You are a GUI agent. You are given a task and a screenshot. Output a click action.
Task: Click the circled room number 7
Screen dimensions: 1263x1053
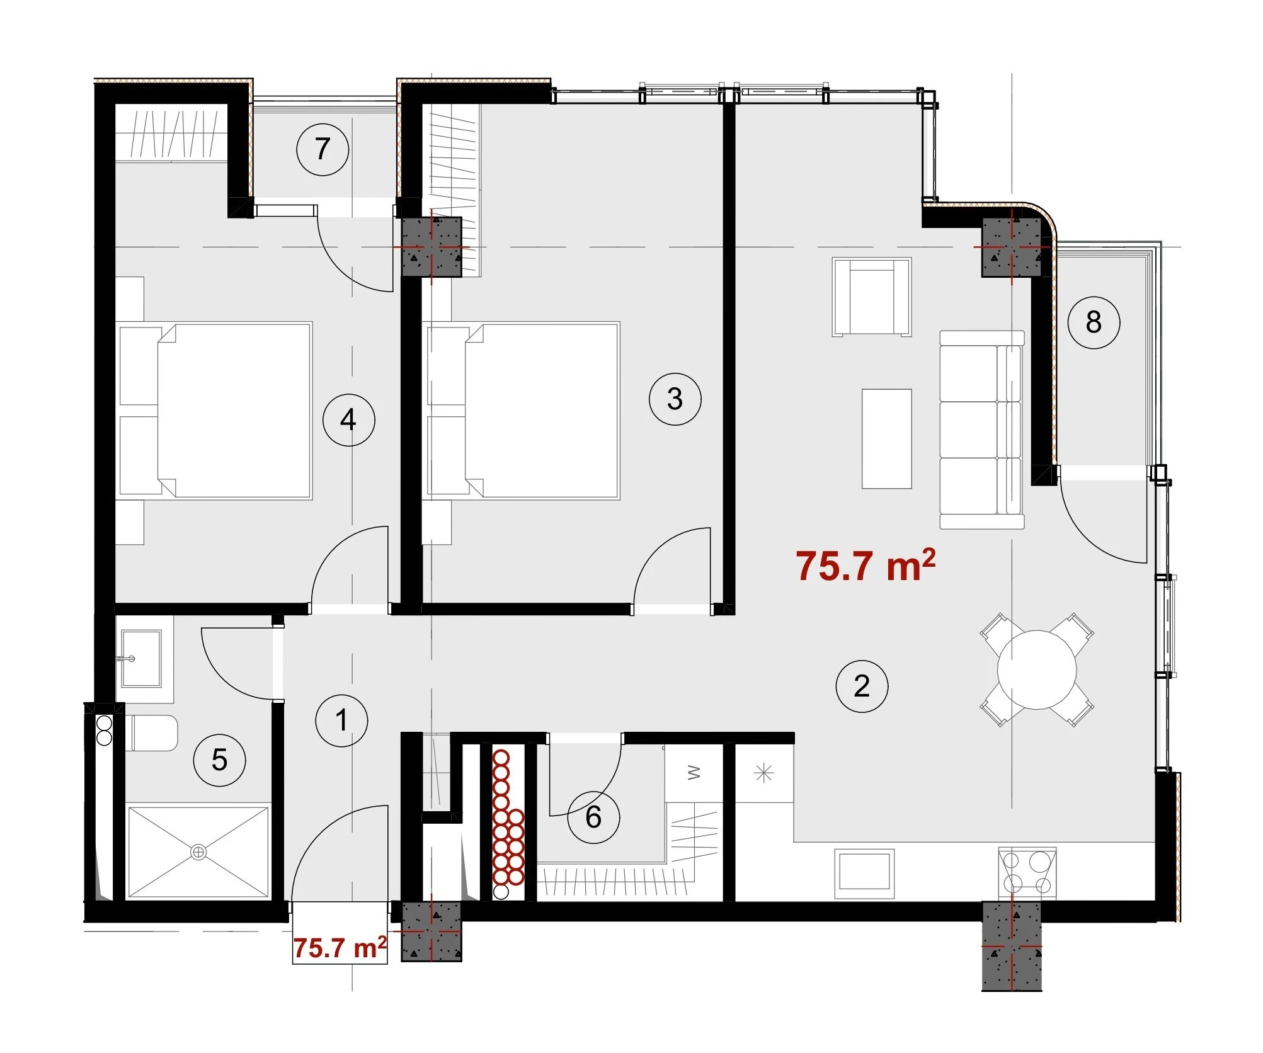(x=323, y=149)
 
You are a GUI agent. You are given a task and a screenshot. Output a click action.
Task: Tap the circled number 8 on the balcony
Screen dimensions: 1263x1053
(x=1094, y=322)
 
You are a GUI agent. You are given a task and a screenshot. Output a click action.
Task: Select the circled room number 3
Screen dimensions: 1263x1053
(x=675, y=399)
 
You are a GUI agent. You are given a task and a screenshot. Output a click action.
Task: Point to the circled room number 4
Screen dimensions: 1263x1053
(x=348, y=420)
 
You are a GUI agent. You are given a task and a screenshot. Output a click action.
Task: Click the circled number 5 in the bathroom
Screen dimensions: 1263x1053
(x=219, y=760)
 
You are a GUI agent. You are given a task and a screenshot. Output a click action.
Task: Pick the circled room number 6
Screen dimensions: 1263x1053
(x=593, y=817)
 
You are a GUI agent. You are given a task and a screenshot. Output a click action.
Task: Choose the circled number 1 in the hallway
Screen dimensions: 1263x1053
(x=341, y=720)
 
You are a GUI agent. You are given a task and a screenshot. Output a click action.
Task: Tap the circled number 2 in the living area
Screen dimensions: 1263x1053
(x=862, y=686)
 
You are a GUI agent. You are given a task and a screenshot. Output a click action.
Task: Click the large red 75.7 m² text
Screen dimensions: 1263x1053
(x=866, y=565)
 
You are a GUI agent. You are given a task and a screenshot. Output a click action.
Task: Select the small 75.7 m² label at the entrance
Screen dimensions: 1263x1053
(x=340, y=947)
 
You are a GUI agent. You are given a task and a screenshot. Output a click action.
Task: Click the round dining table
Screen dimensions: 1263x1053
(x=1037, y=669)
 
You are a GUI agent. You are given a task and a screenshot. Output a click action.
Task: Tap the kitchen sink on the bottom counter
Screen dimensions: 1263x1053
(x=864, y=874)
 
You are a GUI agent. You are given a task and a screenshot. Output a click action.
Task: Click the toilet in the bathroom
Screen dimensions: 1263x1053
(x=152, y=733)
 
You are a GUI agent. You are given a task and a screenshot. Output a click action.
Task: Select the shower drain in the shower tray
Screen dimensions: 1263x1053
(x=198, y=852)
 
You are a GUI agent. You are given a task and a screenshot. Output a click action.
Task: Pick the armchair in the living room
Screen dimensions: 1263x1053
(x=871, y=297)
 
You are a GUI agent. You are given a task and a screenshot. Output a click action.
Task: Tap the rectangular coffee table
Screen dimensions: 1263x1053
(x=886, y=439)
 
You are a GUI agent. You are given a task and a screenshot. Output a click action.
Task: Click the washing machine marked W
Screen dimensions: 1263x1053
(x=694, y=773)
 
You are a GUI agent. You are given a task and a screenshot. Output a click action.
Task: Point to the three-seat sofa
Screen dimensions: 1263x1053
(x=981, y=430)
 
